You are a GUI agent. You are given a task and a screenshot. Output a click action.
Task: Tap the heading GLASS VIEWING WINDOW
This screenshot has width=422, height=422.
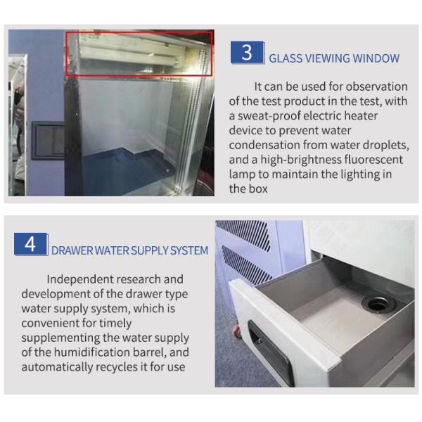point(334,58)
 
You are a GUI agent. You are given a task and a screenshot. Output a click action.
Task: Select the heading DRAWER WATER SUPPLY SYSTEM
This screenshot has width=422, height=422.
point(129,250)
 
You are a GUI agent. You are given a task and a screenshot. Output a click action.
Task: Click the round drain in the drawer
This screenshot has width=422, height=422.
point(378,304)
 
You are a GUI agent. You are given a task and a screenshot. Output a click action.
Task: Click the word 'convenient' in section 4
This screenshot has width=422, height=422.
point(52,324)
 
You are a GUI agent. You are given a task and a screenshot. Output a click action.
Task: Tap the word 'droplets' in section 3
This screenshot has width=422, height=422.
point(385,145)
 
